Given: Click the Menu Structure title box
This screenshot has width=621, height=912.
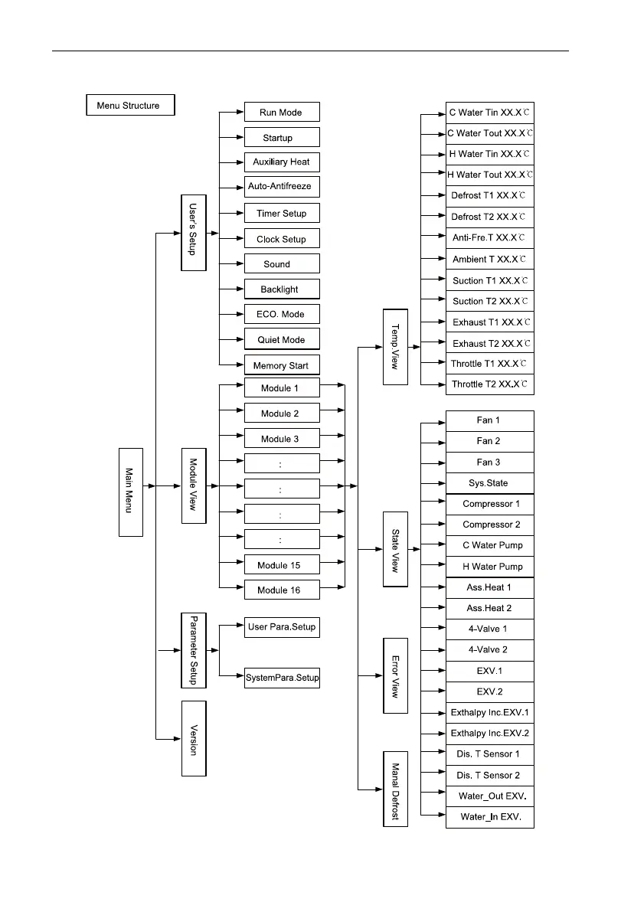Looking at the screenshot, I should pos(129,105).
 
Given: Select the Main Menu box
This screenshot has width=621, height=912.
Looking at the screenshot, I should pos(130,491).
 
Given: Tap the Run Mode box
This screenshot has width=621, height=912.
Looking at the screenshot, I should pos(281,113).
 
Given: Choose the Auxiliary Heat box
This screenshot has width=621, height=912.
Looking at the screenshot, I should pos(281,162).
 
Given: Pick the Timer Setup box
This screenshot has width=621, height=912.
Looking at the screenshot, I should pos(281,214).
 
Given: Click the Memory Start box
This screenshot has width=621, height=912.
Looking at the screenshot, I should pos(281,365).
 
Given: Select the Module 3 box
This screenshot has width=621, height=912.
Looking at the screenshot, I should pos(281,440).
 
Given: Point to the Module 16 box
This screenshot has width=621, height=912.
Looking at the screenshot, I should pos(281,590).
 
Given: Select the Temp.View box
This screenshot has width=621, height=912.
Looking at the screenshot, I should pos(396,347).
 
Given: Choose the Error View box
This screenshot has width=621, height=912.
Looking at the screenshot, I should pos(396,675).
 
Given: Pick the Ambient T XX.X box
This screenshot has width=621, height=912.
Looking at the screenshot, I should pos(489,259).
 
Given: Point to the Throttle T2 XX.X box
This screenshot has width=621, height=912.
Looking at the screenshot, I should pos(489,384).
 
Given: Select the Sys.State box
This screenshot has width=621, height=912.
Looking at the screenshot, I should pos(489,483).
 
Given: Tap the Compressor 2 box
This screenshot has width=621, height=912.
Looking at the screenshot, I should pos(489,525).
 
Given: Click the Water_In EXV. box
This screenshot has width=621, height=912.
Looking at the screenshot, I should pos(489,817).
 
